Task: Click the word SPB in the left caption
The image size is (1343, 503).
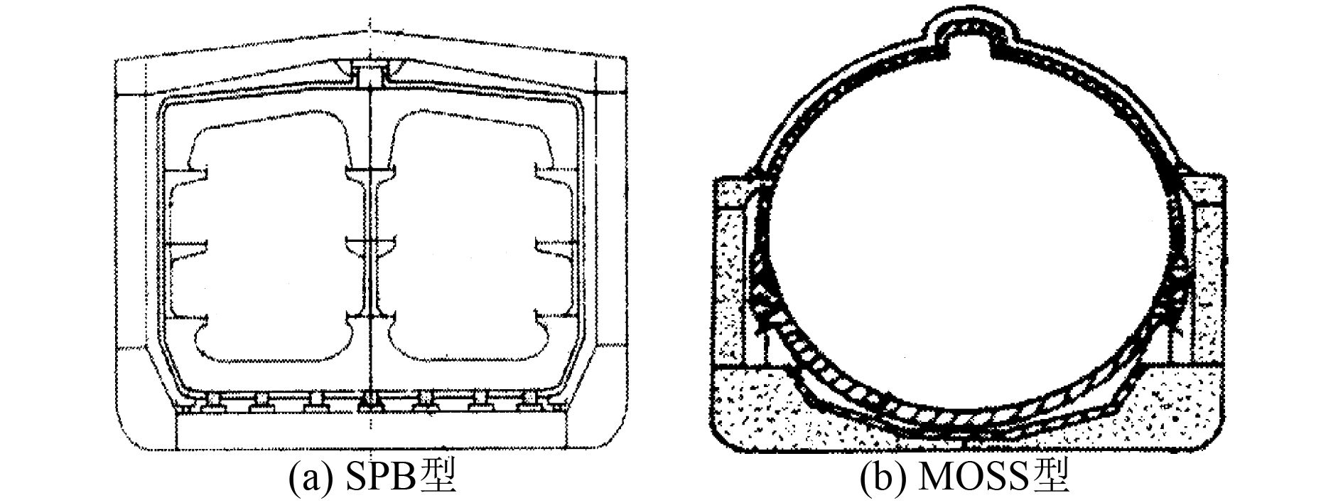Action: [380, 479]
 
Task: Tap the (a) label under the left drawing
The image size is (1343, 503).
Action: [307, 479]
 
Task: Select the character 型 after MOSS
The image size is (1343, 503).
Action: [1052, 478]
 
